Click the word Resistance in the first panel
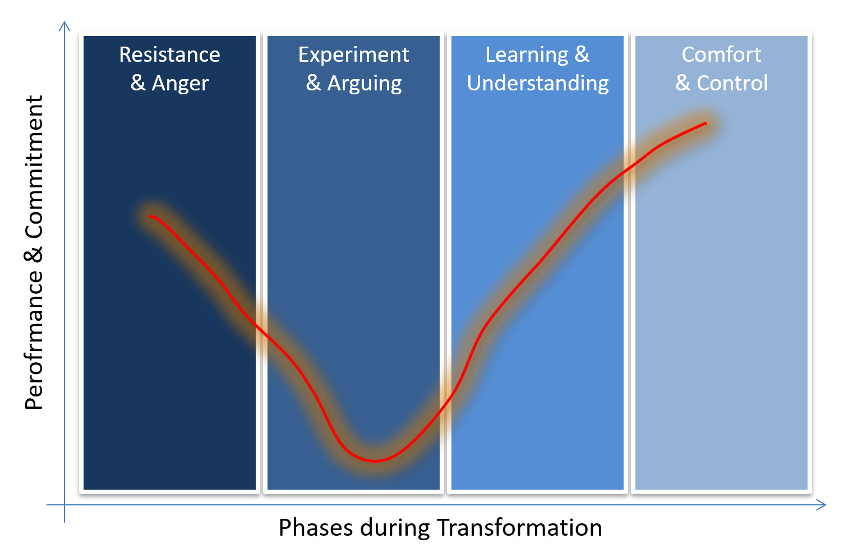[169, 54]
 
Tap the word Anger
[180, 84]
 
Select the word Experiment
[353, 55]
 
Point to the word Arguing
[365, 84]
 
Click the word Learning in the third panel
[527, 55]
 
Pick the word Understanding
[538, 84]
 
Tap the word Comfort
[721, 54]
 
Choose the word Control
[732, 83]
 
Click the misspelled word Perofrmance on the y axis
[34, 340]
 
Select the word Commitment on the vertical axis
[34, 167]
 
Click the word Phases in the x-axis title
[316, 528]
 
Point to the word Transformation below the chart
[519, 528]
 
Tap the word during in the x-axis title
[394, 528]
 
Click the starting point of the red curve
[149, 217]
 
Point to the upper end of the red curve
[707, 123]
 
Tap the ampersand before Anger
[138, 84]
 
